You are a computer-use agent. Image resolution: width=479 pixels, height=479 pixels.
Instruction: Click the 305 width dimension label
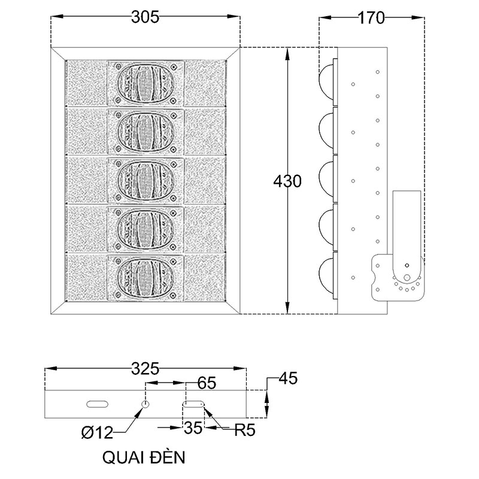145,17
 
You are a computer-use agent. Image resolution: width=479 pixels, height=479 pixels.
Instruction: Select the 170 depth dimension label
371,18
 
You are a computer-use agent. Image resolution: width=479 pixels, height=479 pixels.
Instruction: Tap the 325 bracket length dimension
145,369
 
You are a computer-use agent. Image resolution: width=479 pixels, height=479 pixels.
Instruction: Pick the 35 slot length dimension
195,429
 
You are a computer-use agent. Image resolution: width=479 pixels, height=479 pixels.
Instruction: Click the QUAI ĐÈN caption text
144,458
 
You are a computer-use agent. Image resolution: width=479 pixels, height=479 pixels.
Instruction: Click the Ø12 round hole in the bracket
145,404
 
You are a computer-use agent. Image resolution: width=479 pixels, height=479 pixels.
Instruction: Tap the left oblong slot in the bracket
96,404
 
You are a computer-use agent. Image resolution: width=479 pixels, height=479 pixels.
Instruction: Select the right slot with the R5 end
195,404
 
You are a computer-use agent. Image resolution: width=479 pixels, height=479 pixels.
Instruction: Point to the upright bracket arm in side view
407,225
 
